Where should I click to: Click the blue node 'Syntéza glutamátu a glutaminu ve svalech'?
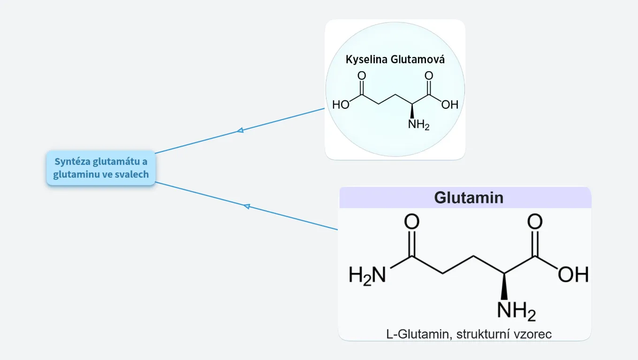(101, 168)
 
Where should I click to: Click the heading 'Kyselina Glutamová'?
(395, 60)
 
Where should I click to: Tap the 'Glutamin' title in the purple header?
(468, 197)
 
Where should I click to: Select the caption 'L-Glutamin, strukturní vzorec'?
(469, 334)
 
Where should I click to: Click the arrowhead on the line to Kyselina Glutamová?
(240, 130)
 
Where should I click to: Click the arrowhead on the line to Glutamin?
(247, 206)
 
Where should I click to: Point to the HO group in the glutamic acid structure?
(341, 105)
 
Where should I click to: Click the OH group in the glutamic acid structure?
(449, 105)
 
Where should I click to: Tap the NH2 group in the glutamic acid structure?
(418, 125)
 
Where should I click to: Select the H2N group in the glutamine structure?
(367, 275)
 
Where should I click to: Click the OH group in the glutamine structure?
(573, 275)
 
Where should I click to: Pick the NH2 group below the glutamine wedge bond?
(516, 311)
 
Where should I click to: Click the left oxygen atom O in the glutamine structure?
(411, 222)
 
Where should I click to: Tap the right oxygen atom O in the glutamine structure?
(535, 222)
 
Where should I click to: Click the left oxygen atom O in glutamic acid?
(362, 75)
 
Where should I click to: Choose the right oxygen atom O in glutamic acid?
(428, 75)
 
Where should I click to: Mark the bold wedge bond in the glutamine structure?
(504, 286)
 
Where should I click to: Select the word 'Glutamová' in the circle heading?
(419, 60)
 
